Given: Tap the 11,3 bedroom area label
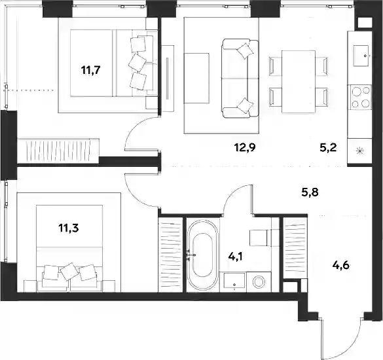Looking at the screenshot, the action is coord(68,228).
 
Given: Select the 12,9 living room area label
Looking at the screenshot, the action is coord(245,147).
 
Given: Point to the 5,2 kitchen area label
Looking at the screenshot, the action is coord(328,147).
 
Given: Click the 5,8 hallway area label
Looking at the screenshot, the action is coord(310,192).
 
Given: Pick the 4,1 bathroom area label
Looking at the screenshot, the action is coord(236,257).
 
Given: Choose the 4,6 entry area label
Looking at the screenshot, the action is coord(341,265).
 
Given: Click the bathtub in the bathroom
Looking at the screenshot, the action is coord(202,255).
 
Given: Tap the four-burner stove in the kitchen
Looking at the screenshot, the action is coord(361,98).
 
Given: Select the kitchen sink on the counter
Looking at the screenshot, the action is coord(361,56).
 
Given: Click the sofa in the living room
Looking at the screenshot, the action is coord(240,78).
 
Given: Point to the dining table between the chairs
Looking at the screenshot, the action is coord(299,82).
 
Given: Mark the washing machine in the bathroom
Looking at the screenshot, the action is coord(259,282).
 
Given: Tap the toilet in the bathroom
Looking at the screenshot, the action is coord(263,238).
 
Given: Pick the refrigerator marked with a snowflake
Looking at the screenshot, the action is coord(359,151).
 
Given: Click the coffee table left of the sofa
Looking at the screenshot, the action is coord(197,78).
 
